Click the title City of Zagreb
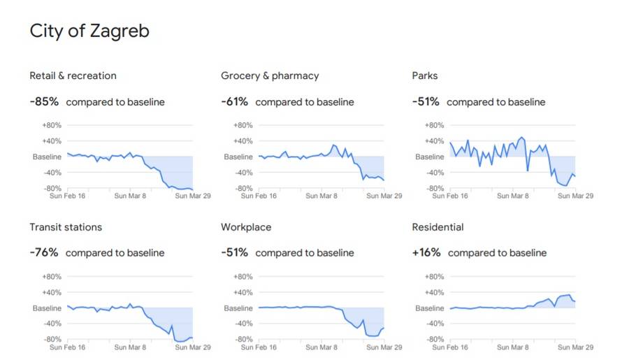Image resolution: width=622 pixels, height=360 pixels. (x=89, y=31)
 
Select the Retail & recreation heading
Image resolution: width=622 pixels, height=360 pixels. (x=73, y=75)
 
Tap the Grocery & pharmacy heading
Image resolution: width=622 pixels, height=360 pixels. (x=270, y=75)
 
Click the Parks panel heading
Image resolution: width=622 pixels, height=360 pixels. (x=425, y=75)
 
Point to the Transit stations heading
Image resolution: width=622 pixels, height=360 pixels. (x=66, y=227)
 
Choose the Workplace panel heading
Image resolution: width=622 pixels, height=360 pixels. (x=246, y=227)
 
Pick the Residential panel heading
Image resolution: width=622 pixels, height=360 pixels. (x=438, y=227)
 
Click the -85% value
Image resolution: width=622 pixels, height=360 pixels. (x=44, y=102)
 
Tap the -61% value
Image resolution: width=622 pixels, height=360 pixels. (x=235, y=102)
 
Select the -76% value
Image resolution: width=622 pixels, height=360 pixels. (x=44, y=253)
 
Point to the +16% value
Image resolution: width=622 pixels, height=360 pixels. (x=426, y=253)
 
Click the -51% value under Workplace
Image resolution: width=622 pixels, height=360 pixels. (x=235, y=253)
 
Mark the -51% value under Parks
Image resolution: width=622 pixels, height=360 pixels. (x=426, y=102)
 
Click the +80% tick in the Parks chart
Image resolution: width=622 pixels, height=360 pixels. (x=434, y=125)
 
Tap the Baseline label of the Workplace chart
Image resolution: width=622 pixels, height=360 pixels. (x=238, y=308)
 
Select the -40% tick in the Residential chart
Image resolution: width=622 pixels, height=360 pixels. (x=434, y=324)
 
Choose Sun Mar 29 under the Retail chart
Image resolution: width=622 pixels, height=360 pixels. (x=192, y=196)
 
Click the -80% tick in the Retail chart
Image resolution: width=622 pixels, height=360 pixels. (x=52, y=189)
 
